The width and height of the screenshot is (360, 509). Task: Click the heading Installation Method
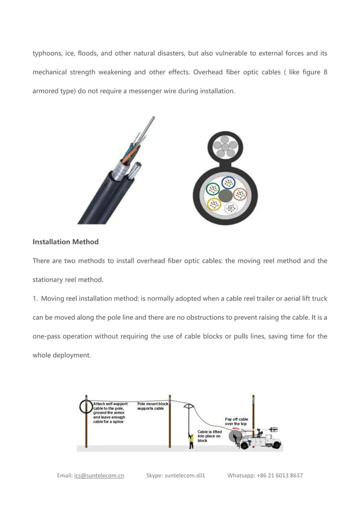click(x=65, y=242)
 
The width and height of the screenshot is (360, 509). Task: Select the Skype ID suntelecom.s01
click(x=185, y=476)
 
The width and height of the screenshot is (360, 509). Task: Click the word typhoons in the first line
click(x=49, y=53)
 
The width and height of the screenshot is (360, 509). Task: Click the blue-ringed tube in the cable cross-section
click(x=228, y=182)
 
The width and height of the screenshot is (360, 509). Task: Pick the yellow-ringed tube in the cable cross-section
click(x=214, y=204)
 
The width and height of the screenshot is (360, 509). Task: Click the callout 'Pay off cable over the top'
click(x=236, y=422)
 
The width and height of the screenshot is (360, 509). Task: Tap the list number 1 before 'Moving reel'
click(x=34, y=299)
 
